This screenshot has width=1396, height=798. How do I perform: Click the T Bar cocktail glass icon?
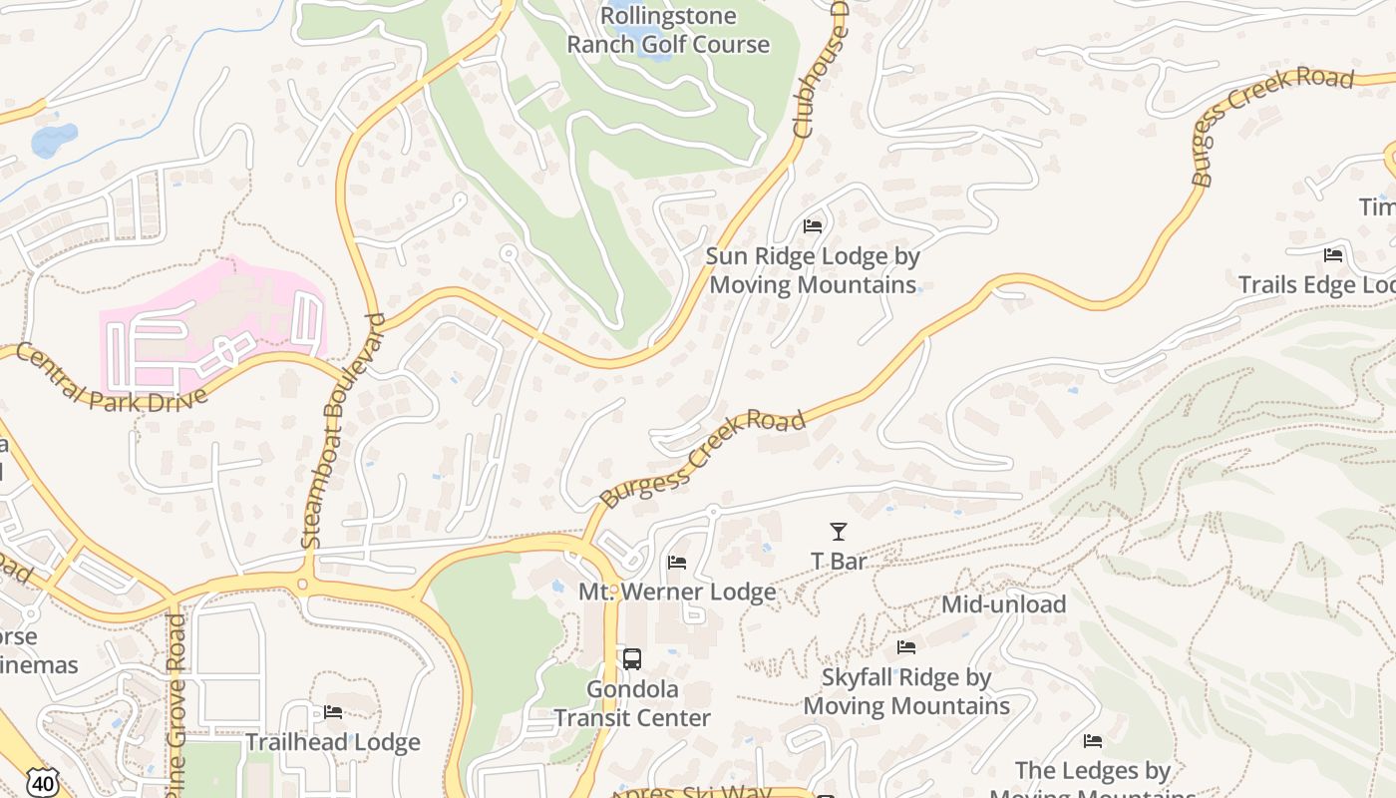tap(839, 532)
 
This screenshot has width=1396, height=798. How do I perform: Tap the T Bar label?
tap(839, 562)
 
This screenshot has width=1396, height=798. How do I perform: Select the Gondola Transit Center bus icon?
tap(632, 658)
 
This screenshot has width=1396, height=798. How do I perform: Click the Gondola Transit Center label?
tap(632, 703)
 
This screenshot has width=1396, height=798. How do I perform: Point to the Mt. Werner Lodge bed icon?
tap(677, 563)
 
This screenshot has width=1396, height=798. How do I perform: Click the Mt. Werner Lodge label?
tap(677, 592)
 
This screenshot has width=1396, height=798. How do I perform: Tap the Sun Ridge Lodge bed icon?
tap(813, 226)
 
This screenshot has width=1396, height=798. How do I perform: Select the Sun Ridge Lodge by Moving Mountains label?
tap(812, 270)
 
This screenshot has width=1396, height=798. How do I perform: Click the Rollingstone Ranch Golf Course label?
tap(668, 30)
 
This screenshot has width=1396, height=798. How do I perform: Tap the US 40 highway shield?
tap(41, 782)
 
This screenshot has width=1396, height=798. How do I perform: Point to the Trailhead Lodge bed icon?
tap(333, 712)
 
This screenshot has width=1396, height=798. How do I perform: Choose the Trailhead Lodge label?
tap(333, 742)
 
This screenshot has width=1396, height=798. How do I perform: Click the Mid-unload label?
tap(1003, 604)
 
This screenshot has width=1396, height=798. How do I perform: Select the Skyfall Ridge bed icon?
tap(906, 647)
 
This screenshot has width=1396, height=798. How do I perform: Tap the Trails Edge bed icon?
tap(1333, 255)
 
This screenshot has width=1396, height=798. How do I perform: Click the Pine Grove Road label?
tap(176, 698)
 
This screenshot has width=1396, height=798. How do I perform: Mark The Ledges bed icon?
tap(1093, 741)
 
